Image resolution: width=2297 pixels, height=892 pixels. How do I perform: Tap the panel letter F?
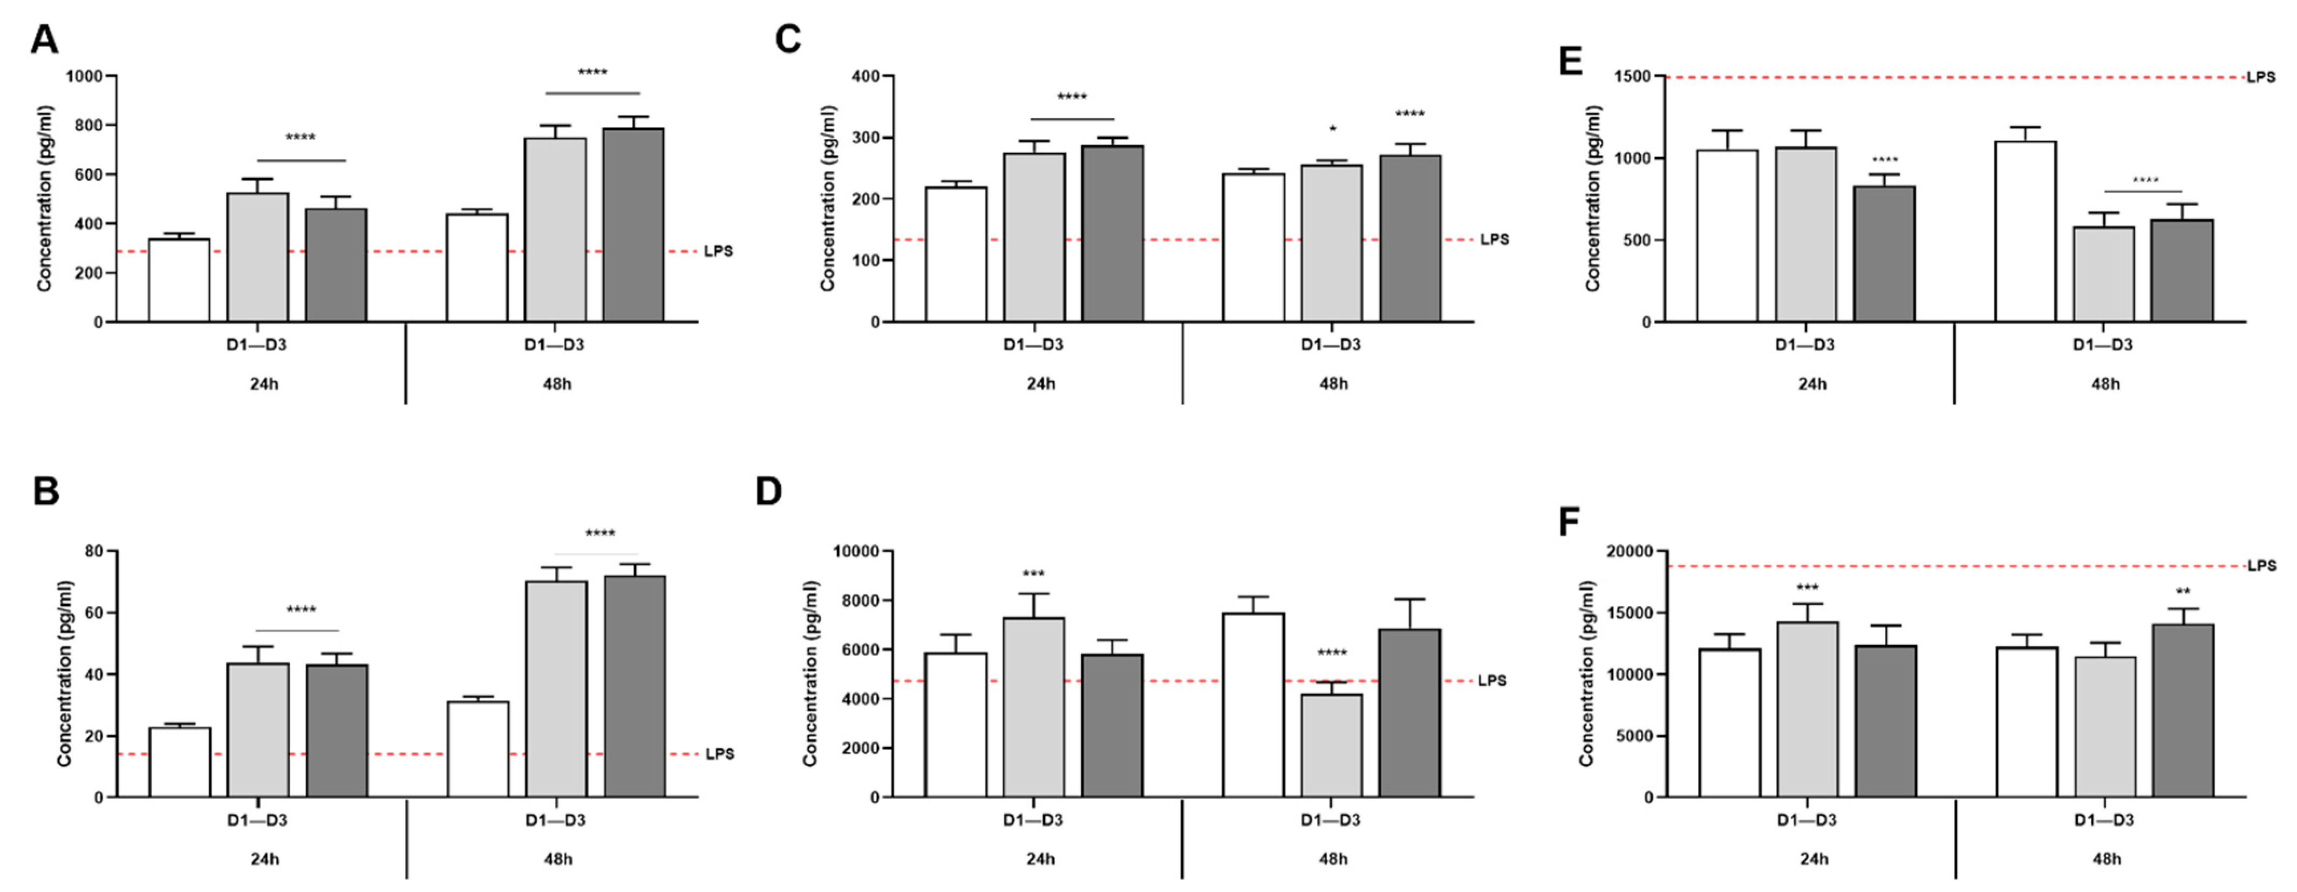(x=1569, y=522)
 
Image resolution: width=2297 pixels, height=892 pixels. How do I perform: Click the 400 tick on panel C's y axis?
(x=867, y=77)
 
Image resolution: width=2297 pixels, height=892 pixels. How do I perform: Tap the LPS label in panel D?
(x=1492, y=680)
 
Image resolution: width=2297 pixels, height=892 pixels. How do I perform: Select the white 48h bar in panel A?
(x=477, y=268)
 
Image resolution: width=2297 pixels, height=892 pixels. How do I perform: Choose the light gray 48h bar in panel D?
(x=1331, y=745)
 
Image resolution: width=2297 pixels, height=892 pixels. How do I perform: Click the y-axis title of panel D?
(x=810, y=673)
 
